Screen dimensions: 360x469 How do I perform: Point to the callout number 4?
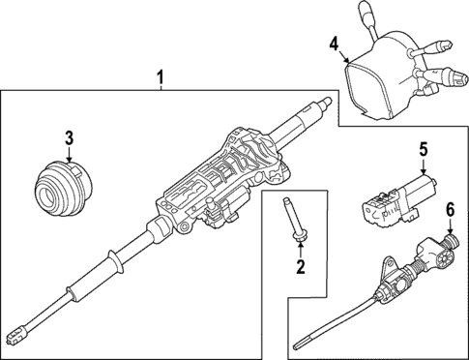(x=334, y=44)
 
